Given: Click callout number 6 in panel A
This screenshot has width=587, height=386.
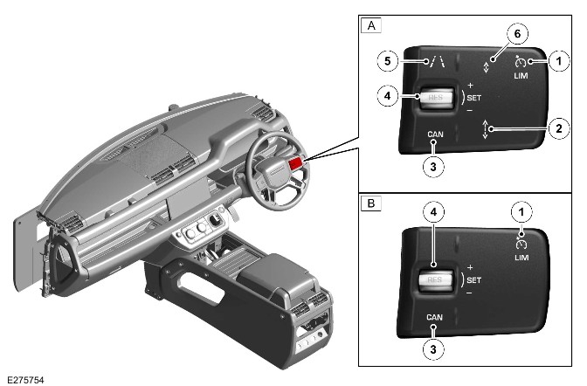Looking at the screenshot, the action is coord(517,34).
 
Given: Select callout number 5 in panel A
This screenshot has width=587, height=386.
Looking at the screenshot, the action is coord(388,60).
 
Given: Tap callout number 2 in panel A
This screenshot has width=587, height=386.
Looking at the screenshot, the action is coord(559,128).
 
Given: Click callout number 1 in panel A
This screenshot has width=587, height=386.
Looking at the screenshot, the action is coord(559,60).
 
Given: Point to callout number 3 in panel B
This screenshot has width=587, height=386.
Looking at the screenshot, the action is coord(433,349).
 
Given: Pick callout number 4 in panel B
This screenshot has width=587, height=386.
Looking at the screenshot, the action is coord(433,212).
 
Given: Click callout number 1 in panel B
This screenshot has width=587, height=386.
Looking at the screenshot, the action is coord(521,212).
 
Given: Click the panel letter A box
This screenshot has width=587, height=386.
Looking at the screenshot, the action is coord(371,26).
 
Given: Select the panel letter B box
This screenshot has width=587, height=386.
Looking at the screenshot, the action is coord(371,203).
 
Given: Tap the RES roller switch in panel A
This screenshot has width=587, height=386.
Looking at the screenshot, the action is coord(437,98).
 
